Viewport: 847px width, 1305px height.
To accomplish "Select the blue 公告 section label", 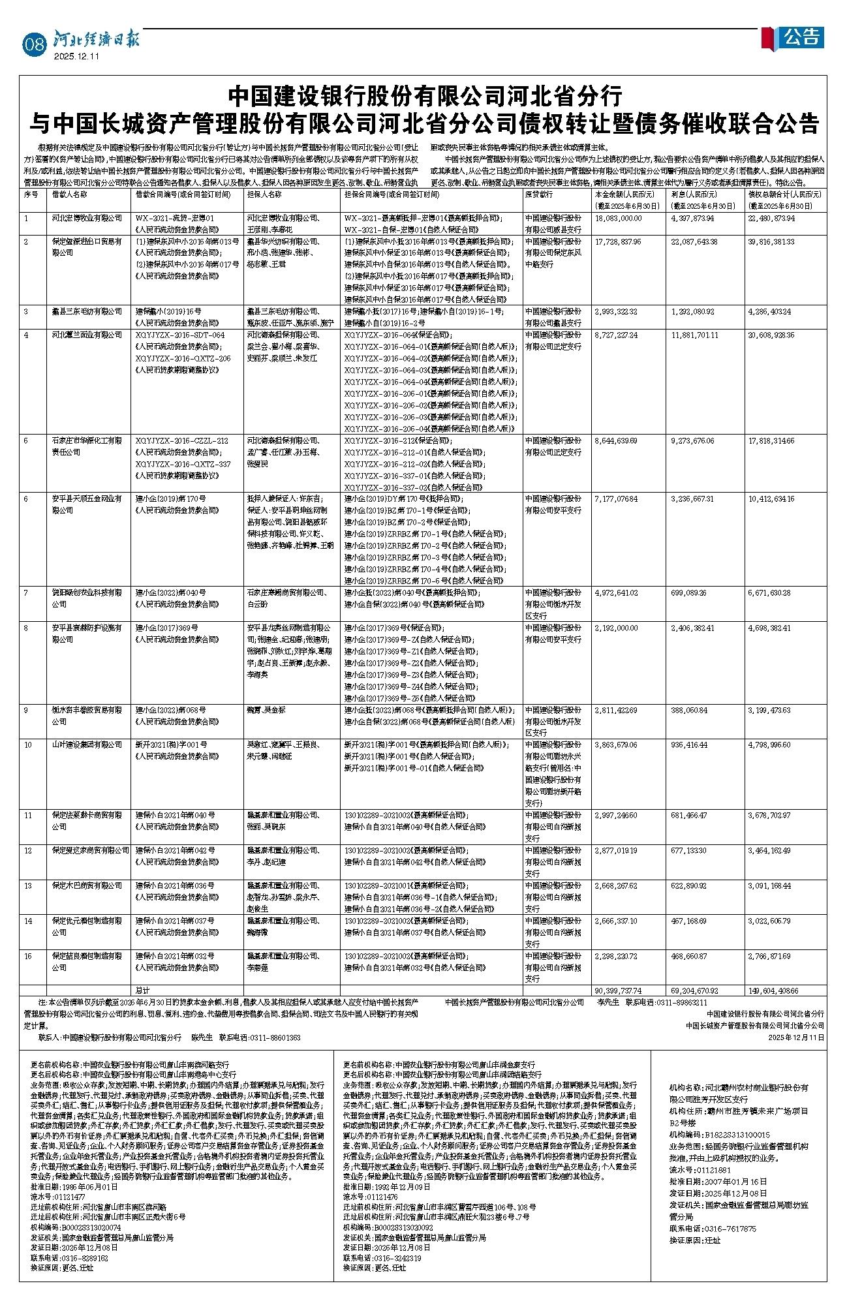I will point(802,37).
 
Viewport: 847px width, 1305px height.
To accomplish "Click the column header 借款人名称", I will point(74,194).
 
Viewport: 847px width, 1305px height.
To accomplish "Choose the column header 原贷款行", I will point(538,194).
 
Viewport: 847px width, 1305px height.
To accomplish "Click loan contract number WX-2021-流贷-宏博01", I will point(174,218).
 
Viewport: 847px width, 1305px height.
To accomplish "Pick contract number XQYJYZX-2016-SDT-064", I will point(179,335).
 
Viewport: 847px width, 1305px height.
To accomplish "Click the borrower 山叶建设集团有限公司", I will point(87,745).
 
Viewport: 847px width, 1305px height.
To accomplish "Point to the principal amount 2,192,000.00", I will point(616,628).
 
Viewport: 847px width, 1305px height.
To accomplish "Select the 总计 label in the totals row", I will point(142,990).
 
